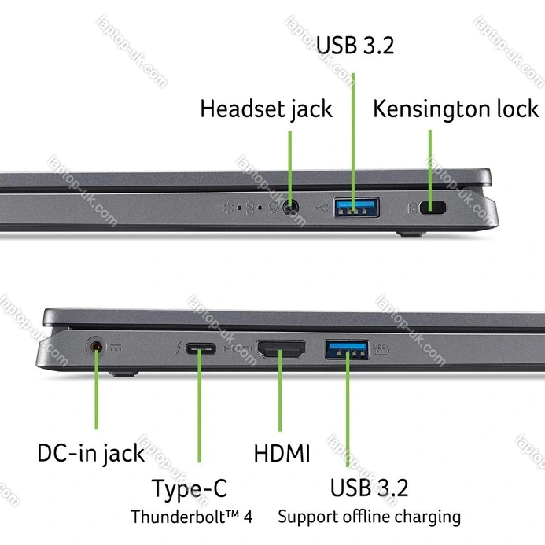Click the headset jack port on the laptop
coord(291,208)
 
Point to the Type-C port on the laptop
coord(200,348)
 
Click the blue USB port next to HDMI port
coord(347,347)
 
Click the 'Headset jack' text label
coord(266,109)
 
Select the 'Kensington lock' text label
coord(456,109)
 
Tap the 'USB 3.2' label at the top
coord(355,45)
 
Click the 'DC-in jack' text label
coord(90,453)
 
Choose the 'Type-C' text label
coord(189,488)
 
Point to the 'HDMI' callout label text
coord(282,453)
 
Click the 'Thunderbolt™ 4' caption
coord(191,517)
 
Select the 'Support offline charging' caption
coord(369,517)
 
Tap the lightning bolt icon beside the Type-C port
coord(179,348)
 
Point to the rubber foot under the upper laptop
coord(408,233)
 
